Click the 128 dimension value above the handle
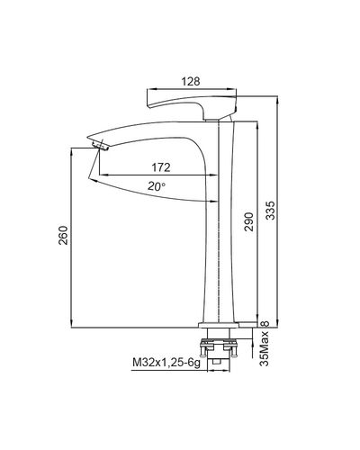tap(191, 81)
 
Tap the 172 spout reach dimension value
tap(161, 167)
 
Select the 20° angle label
tap(157, 186)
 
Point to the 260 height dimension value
tap(63, 235)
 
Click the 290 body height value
tap(249, 221)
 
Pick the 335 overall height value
tap(270, 211)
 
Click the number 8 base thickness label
tap(265, 324)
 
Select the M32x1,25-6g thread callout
tap(166, 363)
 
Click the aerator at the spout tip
tap(101, 146)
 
